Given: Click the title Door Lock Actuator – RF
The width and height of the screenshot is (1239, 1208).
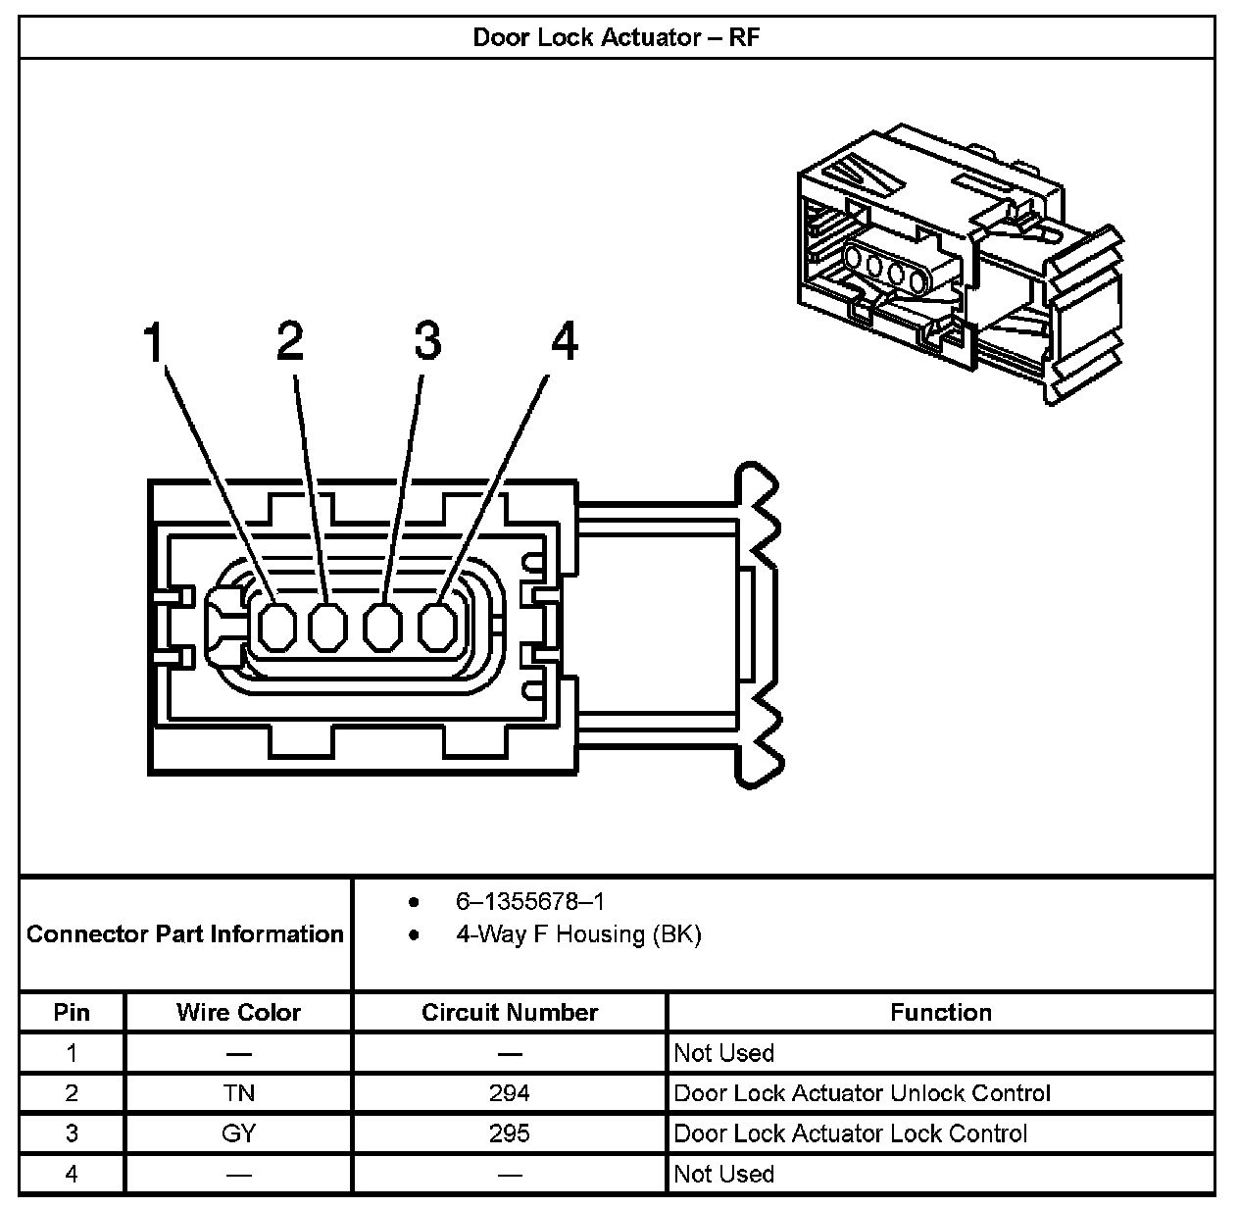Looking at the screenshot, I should click(x=617, y=37).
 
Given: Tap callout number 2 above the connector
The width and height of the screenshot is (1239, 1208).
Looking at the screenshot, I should click(x=289, y=341).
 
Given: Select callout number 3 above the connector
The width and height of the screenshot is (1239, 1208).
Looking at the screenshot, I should click(x=426, y=341).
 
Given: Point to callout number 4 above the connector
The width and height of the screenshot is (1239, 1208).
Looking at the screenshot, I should click(x=564, y=343).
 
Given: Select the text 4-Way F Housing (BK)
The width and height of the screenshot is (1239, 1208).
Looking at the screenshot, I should click(x=578, y=934).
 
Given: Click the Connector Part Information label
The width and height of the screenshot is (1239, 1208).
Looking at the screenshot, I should click(x=185, y=934).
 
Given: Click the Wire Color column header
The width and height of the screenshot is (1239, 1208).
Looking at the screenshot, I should click(x=238, y=1013).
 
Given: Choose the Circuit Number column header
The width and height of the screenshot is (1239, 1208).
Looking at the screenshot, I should click(x=509, y=1013).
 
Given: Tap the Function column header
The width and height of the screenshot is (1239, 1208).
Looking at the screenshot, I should click(x=940, y=1013).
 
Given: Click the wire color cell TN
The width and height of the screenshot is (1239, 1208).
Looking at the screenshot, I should click(x=238, y=1093).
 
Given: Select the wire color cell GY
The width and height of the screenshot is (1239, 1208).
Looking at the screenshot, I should click(x=238, y=1133).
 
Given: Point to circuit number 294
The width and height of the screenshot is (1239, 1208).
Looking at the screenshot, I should click(x=509, y=1093).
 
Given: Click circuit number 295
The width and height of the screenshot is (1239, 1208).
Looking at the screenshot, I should click(x=509, y=1133).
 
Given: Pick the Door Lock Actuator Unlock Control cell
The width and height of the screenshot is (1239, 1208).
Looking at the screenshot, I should click(x=862, y=1093).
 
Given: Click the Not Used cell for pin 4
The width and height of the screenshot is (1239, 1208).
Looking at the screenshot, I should click(x=723, y=1174).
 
